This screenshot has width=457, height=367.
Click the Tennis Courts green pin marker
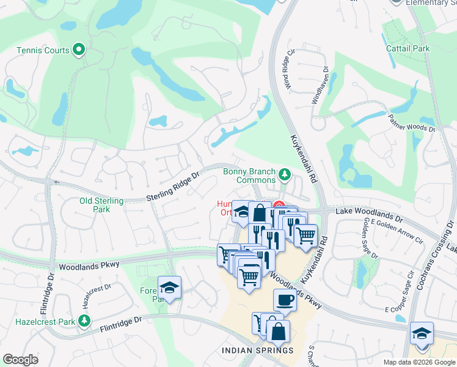pyautogui.click(x=78, y=50)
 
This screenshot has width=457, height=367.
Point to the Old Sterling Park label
pyautogui.click(x=101, y=205)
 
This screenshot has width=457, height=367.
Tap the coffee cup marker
pyautogui.click(x=285, y=300)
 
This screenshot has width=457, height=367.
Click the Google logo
pyautogui.click(x=21, y=360)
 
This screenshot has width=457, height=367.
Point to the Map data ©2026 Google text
pyautogui.click(x=418, y=362)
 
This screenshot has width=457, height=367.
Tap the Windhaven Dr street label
pyautogui.click(x=320, y=84)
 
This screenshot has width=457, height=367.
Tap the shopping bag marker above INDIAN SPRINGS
pyautogui.click(x=278, y=332)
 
